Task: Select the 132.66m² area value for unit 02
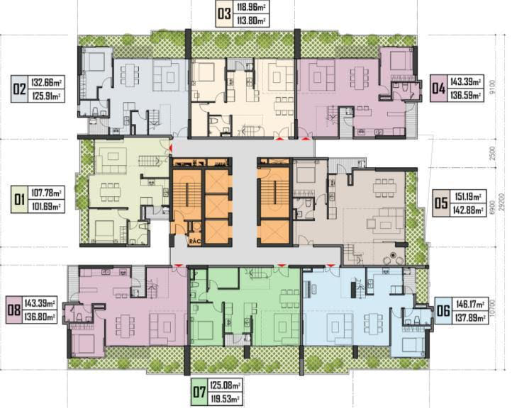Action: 49,81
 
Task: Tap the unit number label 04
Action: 438,89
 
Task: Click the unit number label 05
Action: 440,203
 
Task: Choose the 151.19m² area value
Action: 469,197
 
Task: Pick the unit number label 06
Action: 443,310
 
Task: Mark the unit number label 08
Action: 14,310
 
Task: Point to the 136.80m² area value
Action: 43,317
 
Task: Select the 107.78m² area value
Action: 48,193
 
